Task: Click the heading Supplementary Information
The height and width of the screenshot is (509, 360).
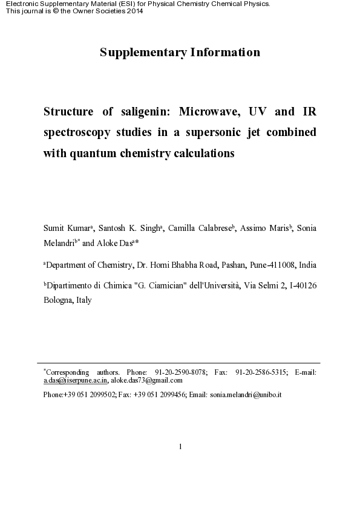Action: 180,53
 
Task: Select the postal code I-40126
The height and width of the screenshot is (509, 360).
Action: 300,285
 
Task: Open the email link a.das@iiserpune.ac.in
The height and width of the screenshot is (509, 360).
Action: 76,380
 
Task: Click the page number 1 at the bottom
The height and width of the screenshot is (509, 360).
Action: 180,447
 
